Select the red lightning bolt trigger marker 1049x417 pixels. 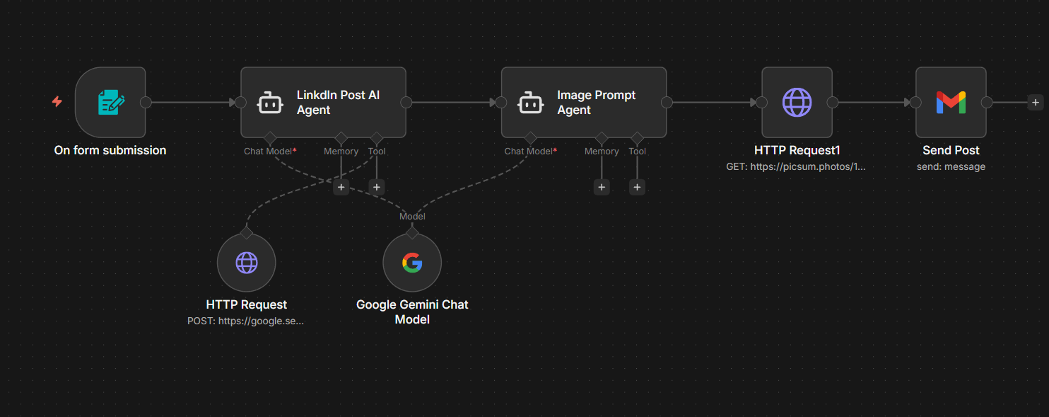coord(57,102)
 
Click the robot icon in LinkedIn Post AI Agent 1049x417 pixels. coord(270,103)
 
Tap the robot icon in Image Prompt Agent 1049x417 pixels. coord(530,103)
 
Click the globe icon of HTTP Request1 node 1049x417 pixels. coord(797,103)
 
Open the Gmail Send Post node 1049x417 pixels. coord(951,103)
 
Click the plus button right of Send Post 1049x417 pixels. coord(1035,103)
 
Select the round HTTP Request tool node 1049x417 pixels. coord(246,263)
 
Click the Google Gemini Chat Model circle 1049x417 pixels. coord(412,263)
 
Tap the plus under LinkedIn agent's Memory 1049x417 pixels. coord(341,187)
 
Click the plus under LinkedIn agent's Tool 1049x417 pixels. coord(377,187)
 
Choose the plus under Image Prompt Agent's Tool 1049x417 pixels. coord(637,187)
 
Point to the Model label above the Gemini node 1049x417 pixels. coord(412,216)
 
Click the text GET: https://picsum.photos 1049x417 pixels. coord(796,167)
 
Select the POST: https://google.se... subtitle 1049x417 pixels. coord(246,321)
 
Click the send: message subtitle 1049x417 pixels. coord(951,167)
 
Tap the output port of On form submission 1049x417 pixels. coord(146,103)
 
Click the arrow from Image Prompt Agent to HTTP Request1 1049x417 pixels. coord(714,103)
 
